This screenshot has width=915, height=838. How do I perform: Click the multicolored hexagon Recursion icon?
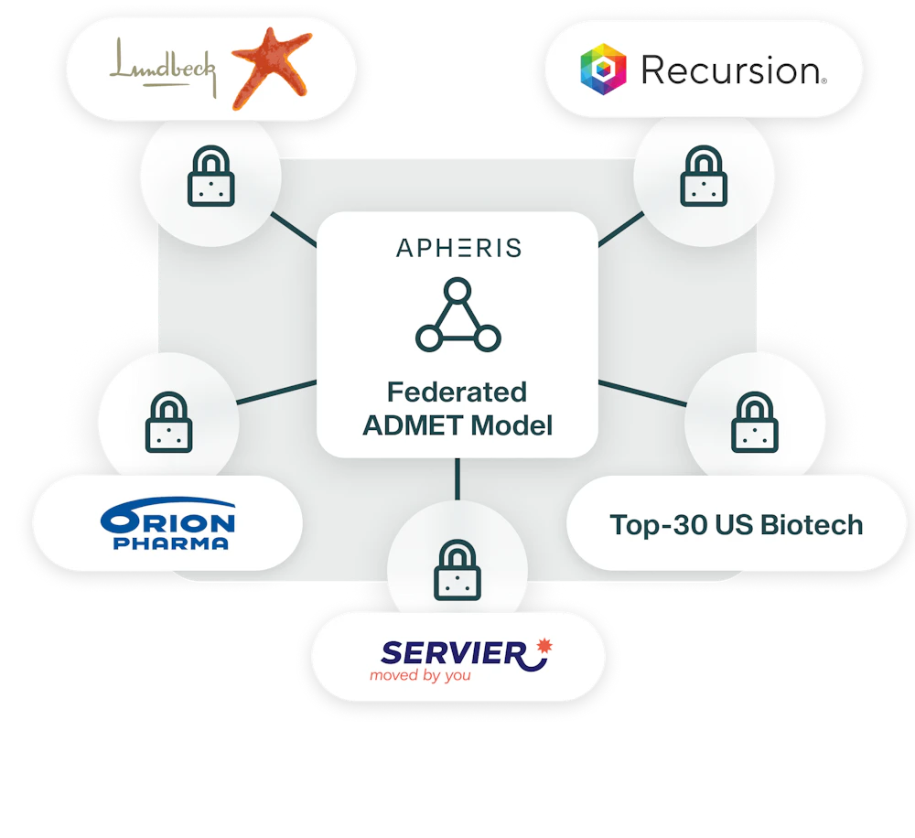point(603,70)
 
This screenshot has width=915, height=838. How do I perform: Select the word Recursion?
point(733,70)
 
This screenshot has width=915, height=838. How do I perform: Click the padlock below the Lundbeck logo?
point(210,176)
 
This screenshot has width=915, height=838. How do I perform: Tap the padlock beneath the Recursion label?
point(704,176)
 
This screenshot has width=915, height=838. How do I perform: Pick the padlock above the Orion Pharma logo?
point(168,422)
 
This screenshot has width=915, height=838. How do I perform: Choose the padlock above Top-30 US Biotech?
point(755,422)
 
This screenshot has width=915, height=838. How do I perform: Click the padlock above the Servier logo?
point(457,570)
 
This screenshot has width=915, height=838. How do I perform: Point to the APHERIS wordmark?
point(458,248)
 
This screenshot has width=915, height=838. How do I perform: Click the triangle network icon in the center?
point(458,315)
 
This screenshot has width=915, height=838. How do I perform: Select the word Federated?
point(457,392)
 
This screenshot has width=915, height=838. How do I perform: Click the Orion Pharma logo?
point(168,523)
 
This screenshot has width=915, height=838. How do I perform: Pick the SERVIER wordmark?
point(454,653)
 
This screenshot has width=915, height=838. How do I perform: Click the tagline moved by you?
point(420,676)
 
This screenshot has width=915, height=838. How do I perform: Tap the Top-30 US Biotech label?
point(737,524)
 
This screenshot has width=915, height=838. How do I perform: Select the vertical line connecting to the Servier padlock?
point(457,479)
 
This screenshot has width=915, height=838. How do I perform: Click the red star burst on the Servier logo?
point(544,645)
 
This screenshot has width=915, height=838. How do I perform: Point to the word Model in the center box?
point(511,425)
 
